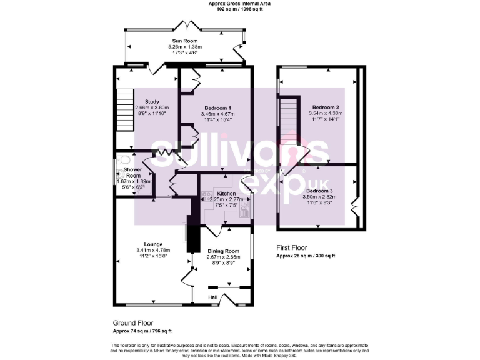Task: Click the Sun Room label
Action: point(186,41)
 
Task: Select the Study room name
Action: point(151,101)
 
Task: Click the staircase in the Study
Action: point(125,110)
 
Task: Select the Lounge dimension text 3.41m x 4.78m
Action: point(153,251)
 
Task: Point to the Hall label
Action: point(213,297)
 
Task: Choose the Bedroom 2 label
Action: point(326,107)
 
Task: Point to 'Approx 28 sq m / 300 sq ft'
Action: point(306,256)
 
